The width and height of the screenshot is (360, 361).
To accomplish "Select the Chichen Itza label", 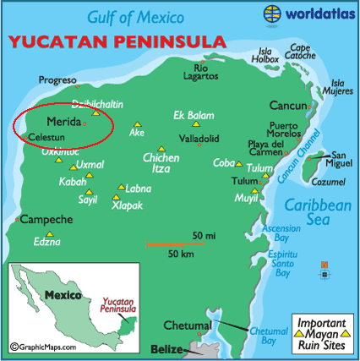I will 161,163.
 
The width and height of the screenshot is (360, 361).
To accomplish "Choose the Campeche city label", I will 46,219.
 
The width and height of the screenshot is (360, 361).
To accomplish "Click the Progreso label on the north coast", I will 57,81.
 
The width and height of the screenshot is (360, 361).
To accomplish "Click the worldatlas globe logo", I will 274,14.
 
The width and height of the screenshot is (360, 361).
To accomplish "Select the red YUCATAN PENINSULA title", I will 117,41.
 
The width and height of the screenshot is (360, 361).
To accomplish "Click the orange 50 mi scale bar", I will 180,245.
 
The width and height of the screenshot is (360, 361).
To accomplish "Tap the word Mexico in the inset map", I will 63,296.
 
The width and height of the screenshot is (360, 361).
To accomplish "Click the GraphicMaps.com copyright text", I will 43,346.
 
